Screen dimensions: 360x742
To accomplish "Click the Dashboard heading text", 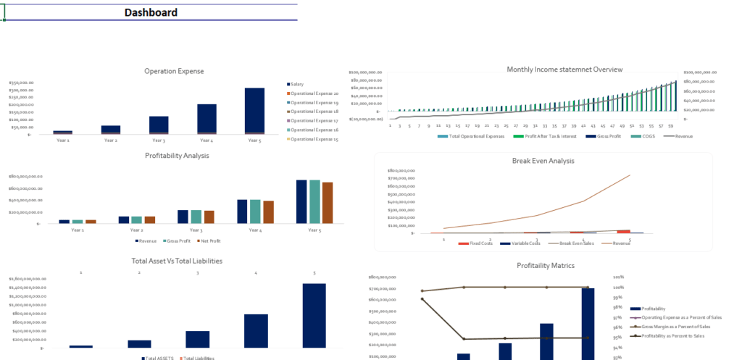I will click(x=151, y=12).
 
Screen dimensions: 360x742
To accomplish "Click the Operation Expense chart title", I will click(x=174, y=71).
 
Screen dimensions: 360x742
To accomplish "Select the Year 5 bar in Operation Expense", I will click(x=254, y=110).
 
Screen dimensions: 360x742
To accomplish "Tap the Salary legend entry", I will click(x=297, y=84).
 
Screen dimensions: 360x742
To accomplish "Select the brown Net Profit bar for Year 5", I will click(x=328, y=202).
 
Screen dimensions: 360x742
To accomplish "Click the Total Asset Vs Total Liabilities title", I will click(x=177, y=260).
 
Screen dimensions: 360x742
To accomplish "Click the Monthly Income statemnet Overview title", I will click(x=564, y=70).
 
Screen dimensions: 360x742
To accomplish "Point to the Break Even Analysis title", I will click(x=543, y=161).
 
